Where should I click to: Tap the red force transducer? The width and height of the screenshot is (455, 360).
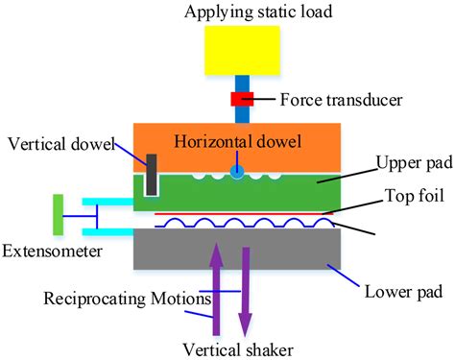(x=240, y=100)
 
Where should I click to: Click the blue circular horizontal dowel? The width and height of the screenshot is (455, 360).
(x=233, y=173)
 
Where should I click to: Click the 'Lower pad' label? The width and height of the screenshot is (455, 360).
(x=393, y=288)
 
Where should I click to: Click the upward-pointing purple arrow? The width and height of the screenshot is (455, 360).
(x=217, y=278)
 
